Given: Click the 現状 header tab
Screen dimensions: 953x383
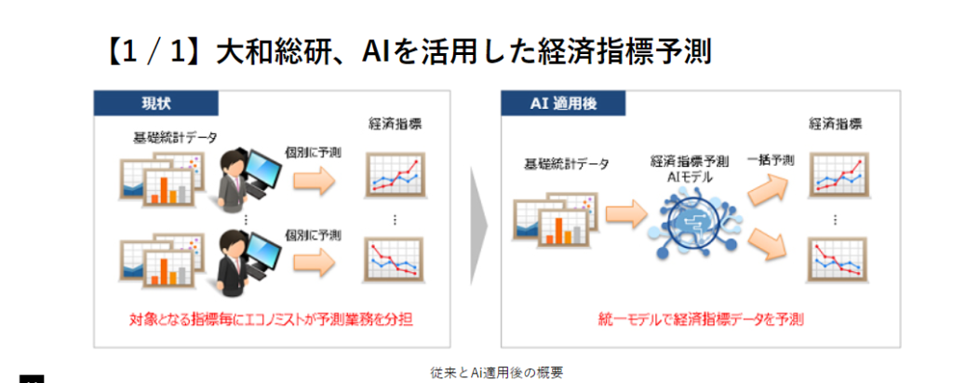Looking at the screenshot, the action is (x=155, y=103).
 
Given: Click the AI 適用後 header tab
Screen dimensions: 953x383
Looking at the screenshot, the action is (x=563, y=103).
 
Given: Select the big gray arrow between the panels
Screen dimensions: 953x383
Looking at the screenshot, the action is (x=478, y=226).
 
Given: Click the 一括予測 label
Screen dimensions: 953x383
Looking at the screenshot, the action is (x=771, y=161).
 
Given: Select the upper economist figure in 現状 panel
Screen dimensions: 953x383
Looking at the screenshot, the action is (x=249, y=181).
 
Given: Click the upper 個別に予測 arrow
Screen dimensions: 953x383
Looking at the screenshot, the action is (x=315, y=182).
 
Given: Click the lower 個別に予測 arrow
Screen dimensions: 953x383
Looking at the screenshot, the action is (x=315, y=263).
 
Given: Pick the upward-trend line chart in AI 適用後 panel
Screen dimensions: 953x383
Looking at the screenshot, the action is (x=839, y=175).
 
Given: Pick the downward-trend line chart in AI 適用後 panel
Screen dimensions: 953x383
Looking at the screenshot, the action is (x=839, y=259).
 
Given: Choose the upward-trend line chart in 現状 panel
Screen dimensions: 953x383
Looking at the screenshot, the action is (x=395, y=175).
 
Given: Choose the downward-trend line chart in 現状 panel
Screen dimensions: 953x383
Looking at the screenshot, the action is (x=395, y=259).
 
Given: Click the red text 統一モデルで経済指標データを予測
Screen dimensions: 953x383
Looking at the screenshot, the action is (x=701, y=319).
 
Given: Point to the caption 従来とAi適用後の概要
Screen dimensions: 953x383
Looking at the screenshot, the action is (x=496, y=372).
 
